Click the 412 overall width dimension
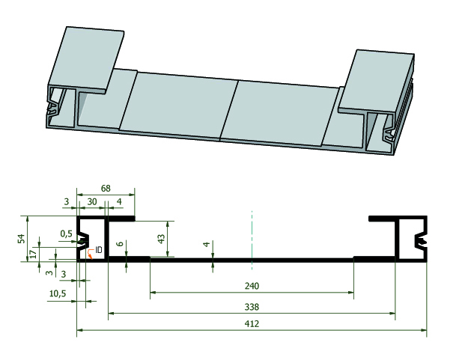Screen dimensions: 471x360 pyautogui.click(x=252, y=323)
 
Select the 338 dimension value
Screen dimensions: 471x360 pyautogui.click(x=252, y=307)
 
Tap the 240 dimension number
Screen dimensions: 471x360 pyautogui.click(x=252, y=286)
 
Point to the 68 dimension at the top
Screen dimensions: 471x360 pyautogui.click(x=106, y=189)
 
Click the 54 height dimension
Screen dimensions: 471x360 pyautogui.click(x=21, y=239)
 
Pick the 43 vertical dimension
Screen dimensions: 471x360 pyautogui.click(x=161, y=239)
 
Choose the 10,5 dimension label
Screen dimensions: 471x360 pyautogui.click(x=58, y=293)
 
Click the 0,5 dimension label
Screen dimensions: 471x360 pyautogui.click(x=66, y=234)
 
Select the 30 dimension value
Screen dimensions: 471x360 pyautogui.click(x=92, y=201)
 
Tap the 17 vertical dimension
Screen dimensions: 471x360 pyautogui.click(x=34, y=254)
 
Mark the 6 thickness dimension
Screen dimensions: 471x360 pyautogui.click(x=120, y=243)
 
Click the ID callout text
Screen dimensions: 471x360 pyautogui.click(x=99, y=249)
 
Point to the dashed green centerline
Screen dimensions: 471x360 pyautogui.click(x=252, y=240)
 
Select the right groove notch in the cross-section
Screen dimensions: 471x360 pyautogui.click(x=421, y=240)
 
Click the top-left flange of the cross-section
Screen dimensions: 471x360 pyautogui.click(x=106, y=219)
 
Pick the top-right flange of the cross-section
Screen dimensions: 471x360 pyautogui.click(x=398, y=219)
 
